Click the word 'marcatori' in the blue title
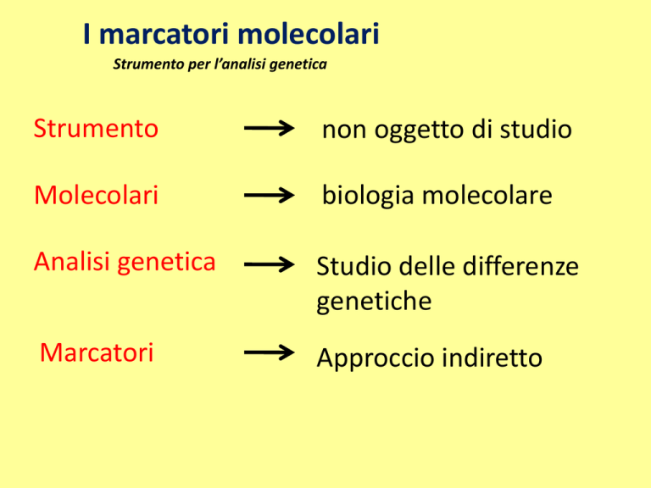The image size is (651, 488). tap(164, 34)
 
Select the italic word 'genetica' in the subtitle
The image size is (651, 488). tap(298, 64)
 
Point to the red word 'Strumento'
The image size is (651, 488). tap(96, 128)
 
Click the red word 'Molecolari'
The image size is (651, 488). tap(97, 195)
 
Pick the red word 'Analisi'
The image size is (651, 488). tap(72, 262)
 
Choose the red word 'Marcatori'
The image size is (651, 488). tap(97, 352)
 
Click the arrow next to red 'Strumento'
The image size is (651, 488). tap(269, 128)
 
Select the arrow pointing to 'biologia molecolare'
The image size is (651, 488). tap(269, 195)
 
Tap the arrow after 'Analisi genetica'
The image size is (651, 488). tap(269, 264)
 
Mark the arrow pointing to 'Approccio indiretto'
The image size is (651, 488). tap(269, 352)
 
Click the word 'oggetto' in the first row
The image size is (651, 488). tap(420, 130)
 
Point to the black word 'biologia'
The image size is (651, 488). tap(368, 196)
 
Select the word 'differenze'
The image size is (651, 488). tap(520, 265)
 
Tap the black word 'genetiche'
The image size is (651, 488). tap(374, 302)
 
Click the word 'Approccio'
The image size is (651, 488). tap(375, 358)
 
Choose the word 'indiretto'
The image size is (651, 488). tap(492, 358)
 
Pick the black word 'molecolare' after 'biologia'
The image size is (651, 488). tap(487, 195)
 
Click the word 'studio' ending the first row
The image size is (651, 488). tap(536, 129)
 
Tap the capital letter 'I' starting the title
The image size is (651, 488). tap(86, 34)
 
